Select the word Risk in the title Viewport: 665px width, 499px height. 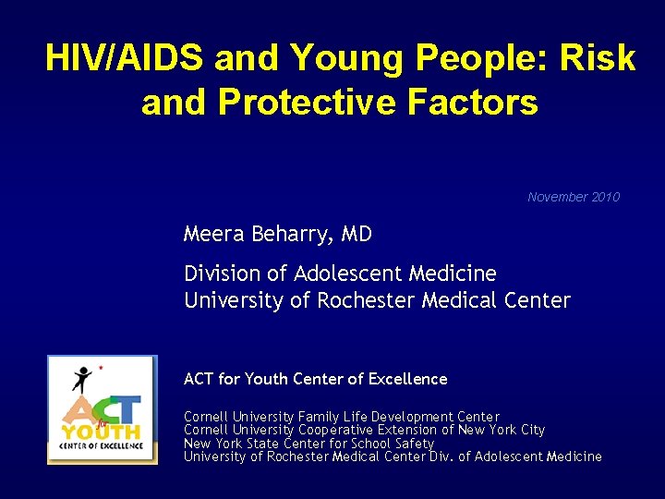pos(596,59)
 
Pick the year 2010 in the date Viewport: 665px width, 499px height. pos(605,197)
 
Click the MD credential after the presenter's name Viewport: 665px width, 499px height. pos(357,235)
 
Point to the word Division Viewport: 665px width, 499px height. pos(217,274)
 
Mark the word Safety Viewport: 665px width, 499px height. pos(413,444)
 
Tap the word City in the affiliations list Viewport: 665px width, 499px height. pos(530,430)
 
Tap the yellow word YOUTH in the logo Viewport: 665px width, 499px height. pos(101,432)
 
